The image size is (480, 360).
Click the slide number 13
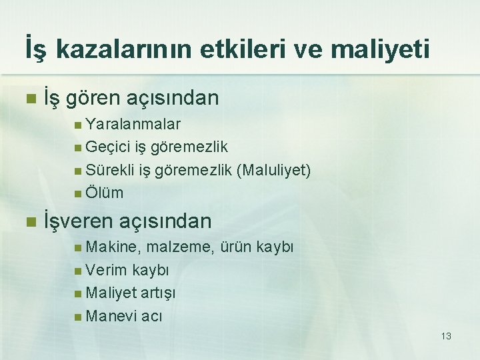(446, 336)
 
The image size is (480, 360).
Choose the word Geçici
(108, 147)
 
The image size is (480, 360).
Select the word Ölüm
(105, 193)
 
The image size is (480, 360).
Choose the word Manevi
(111, 315)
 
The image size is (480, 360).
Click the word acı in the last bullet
(151, 315)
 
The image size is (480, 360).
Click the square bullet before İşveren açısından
(28, 221)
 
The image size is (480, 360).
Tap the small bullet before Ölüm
(79, 193)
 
